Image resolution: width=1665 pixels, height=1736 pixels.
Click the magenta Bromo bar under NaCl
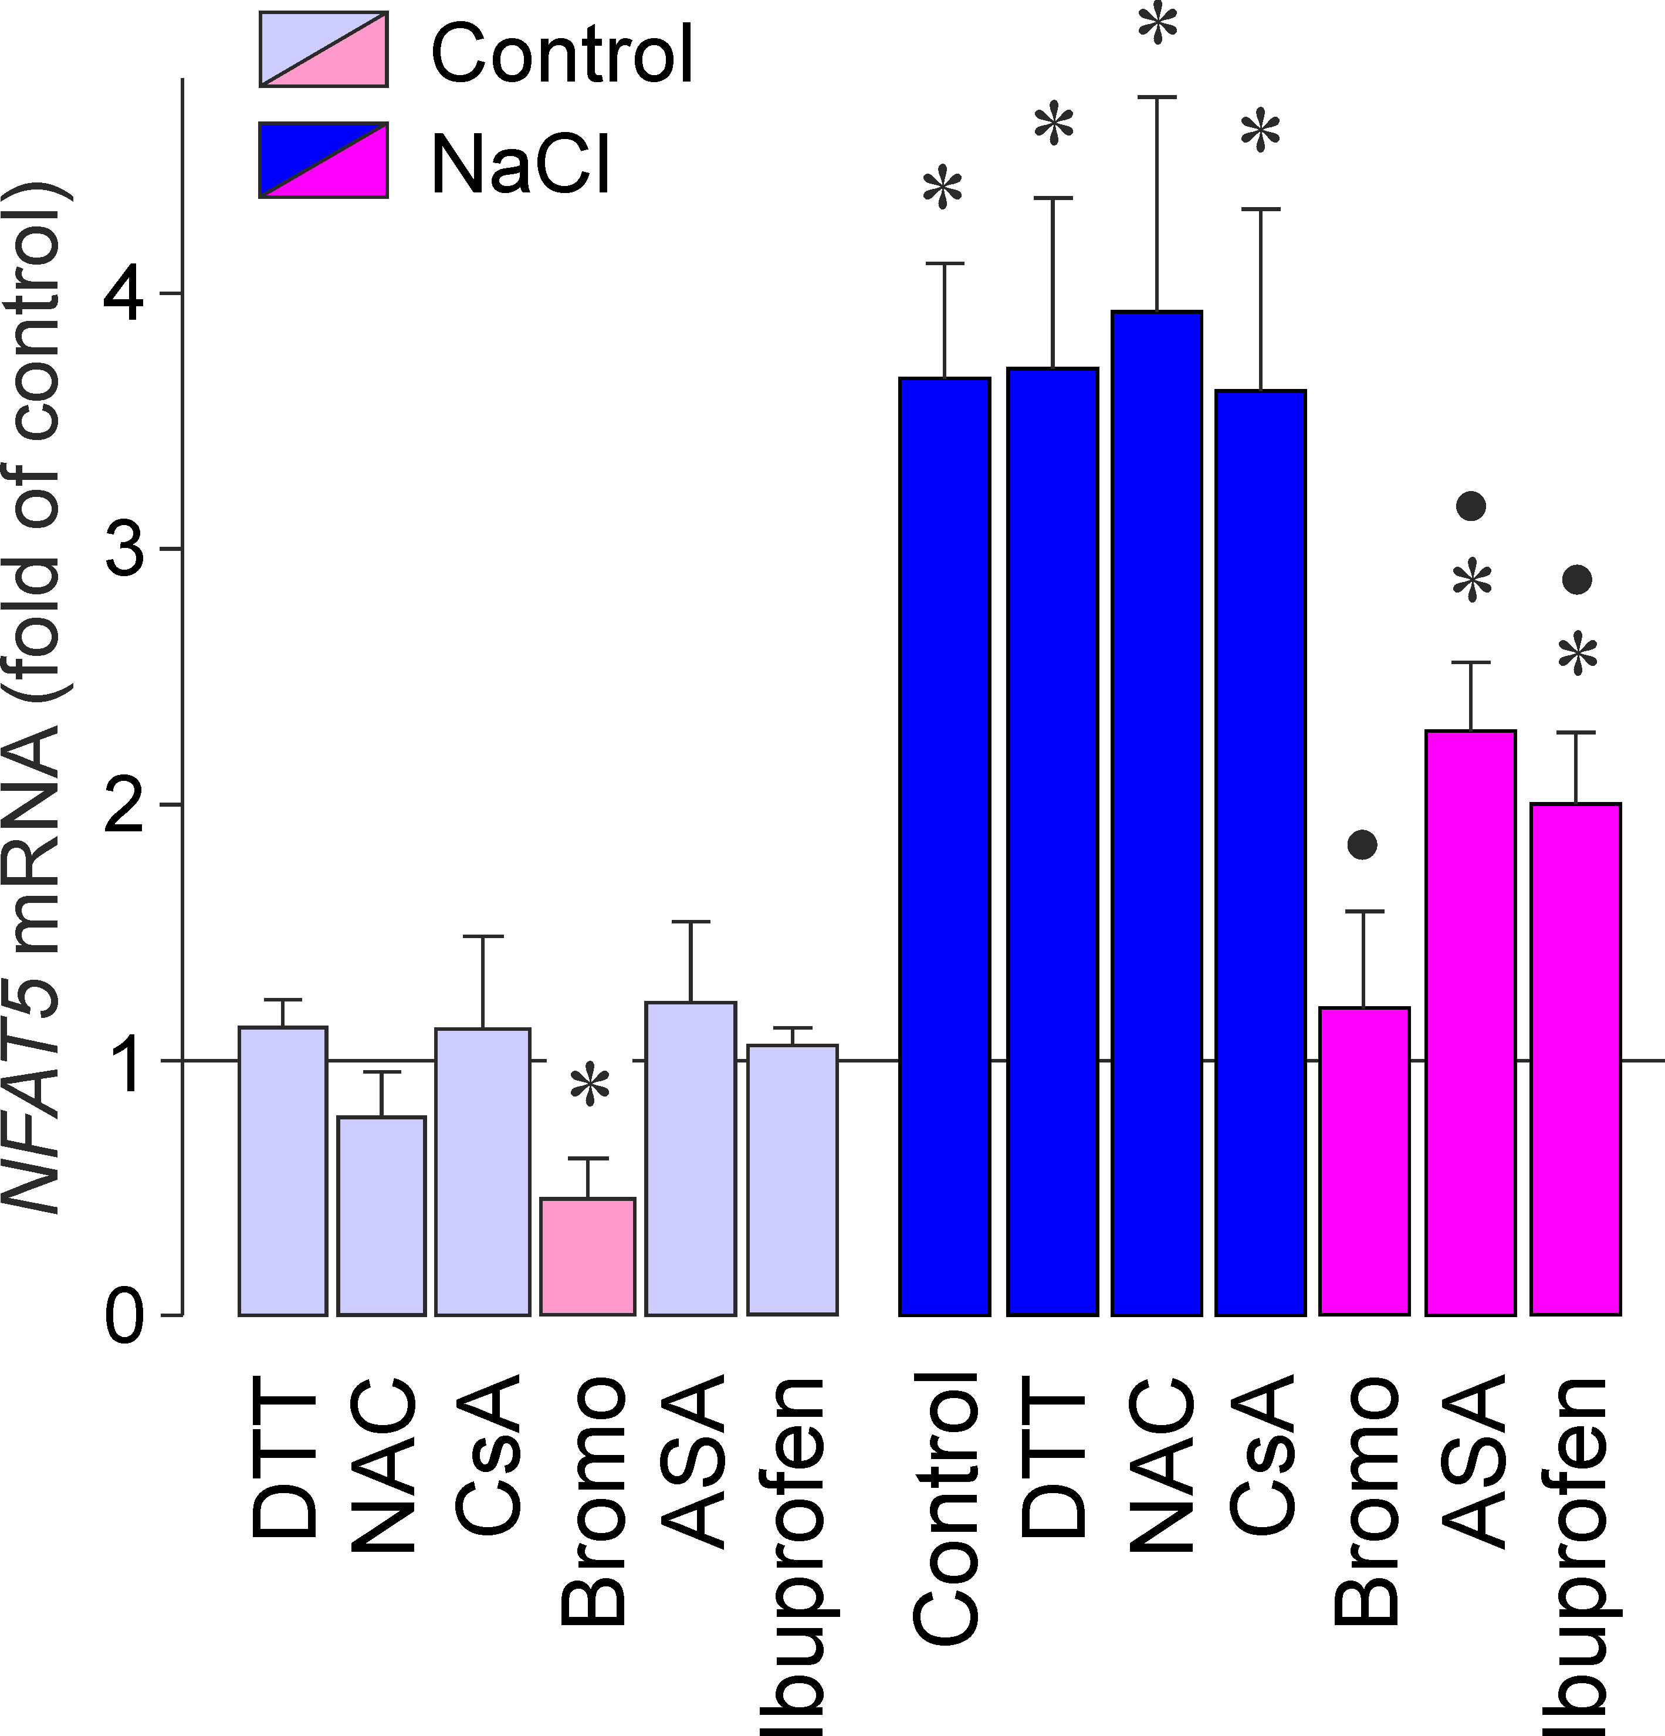click(x=1364, y=1160)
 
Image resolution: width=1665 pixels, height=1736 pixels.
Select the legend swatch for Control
click(x=323, y=50)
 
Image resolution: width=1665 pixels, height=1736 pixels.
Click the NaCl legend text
click(x=521, y=162)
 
